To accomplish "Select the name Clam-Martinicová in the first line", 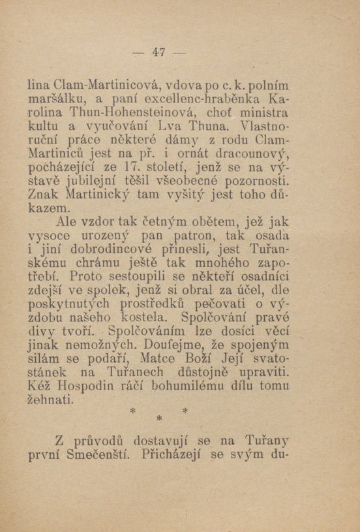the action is (x=108, y=84).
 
